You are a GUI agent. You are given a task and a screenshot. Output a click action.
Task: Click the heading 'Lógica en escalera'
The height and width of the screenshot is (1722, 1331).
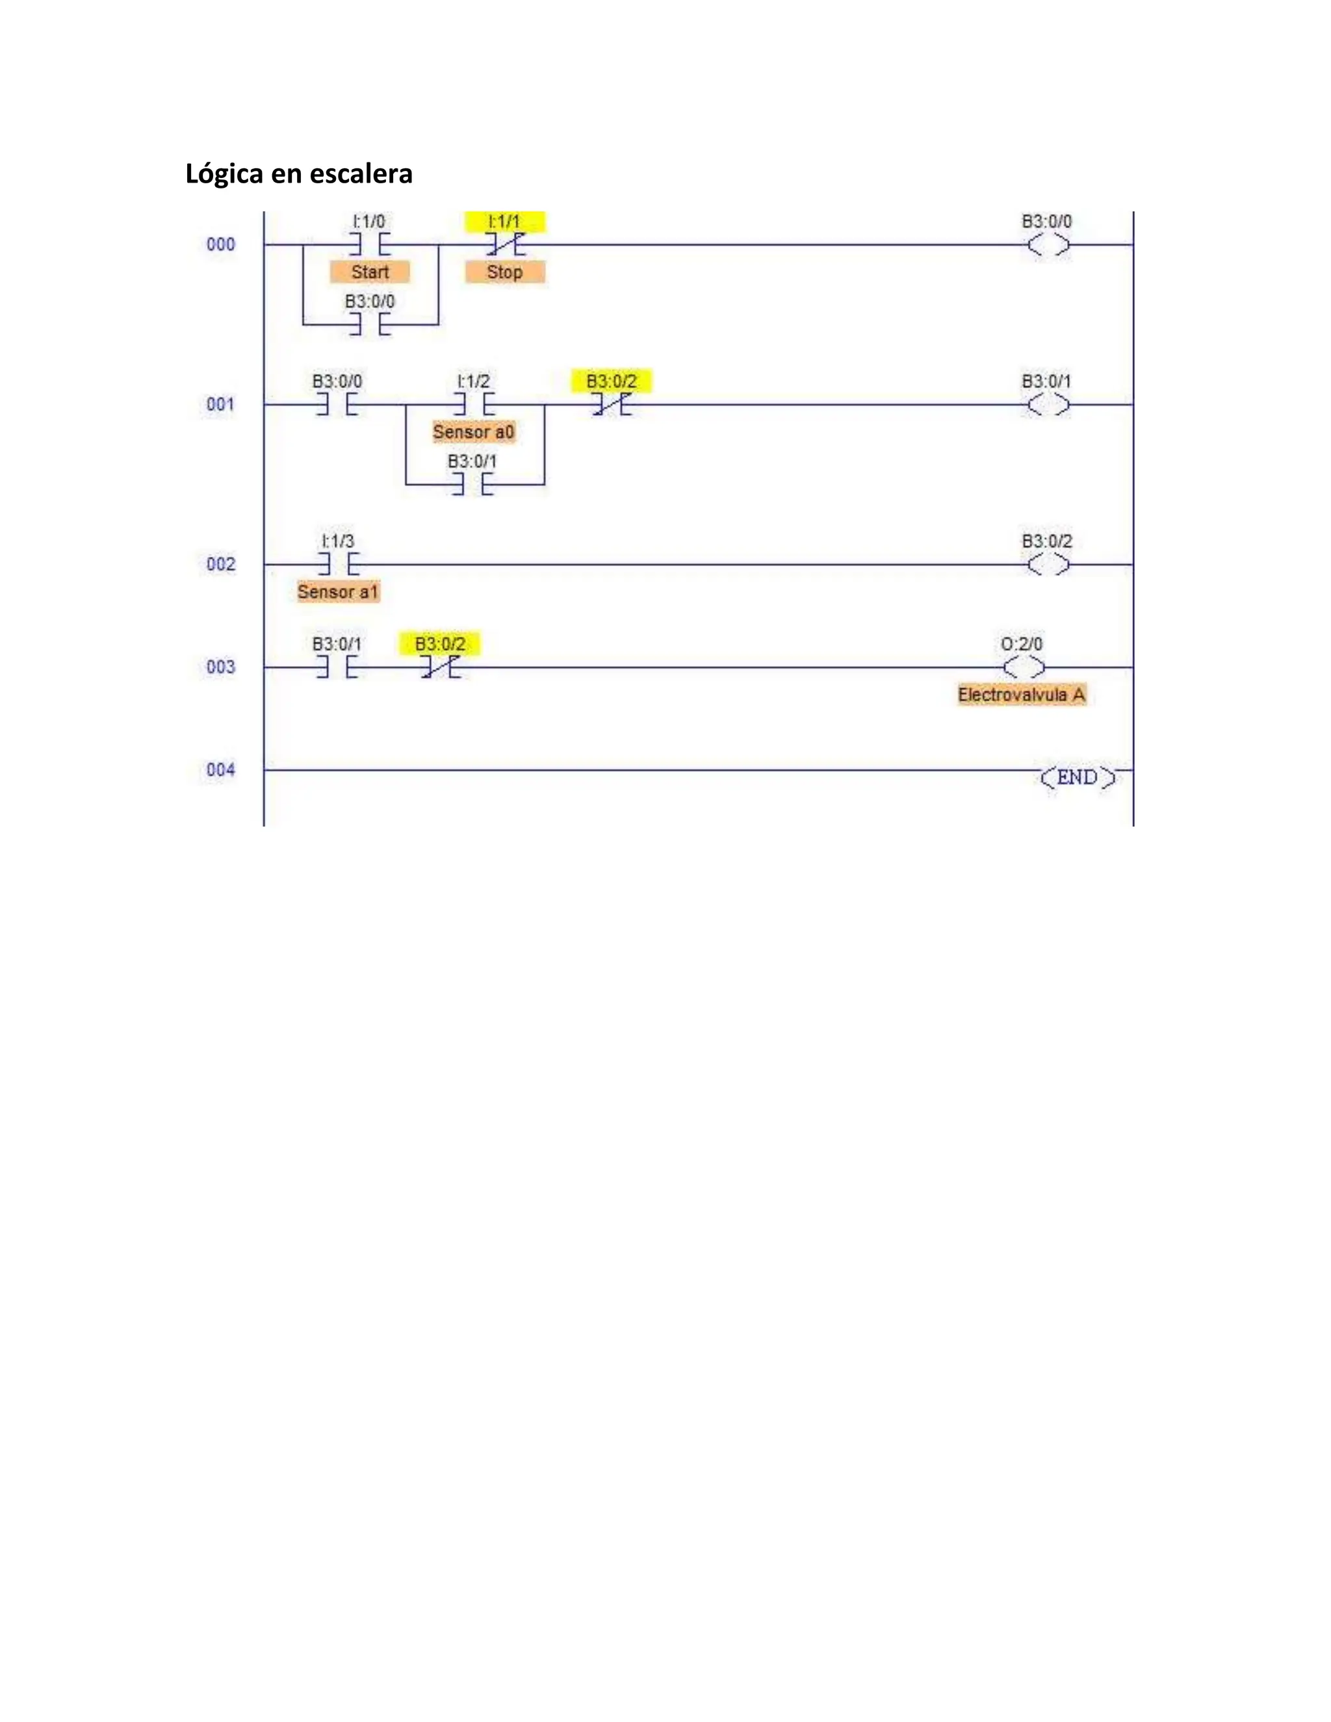299,173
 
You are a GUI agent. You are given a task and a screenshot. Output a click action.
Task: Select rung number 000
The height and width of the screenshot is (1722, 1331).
221,244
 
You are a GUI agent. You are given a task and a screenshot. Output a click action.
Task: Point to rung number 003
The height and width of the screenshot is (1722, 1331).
221,667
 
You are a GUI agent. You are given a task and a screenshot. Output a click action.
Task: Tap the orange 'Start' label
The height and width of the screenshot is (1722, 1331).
370,272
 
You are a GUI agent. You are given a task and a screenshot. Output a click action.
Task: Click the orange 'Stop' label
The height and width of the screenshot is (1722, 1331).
504,272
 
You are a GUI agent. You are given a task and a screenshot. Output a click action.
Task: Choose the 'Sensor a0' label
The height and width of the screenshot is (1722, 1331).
473,432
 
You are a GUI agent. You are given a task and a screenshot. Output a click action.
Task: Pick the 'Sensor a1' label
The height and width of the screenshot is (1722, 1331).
338,592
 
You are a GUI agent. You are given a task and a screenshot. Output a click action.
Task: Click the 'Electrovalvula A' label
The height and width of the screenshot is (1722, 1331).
1021,695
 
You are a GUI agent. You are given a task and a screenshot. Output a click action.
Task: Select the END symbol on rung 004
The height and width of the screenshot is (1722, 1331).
1077,777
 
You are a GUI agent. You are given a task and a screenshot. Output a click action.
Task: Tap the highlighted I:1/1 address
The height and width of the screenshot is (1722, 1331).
504,222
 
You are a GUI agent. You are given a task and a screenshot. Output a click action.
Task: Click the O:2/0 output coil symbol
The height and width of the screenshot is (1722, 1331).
1024,668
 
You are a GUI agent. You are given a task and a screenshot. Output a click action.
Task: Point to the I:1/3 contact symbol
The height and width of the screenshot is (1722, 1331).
337,565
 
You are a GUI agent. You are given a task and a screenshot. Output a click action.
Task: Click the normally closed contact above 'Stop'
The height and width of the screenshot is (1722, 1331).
504,245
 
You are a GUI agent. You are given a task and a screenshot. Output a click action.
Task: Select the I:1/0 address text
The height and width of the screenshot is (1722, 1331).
369,222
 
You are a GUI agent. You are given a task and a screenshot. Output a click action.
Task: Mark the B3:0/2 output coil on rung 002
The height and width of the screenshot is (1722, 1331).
1048,565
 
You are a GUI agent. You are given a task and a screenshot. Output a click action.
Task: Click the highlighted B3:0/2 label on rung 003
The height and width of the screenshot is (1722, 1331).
440,644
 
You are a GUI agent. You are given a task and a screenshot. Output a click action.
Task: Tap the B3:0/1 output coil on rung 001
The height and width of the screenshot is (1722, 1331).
1048,404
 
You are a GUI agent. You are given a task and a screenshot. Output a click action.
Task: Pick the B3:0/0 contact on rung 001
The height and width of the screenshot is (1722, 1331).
337,404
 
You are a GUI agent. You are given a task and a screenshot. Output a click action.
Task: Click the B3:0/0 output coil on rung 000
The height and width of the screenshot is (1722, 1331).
1048,245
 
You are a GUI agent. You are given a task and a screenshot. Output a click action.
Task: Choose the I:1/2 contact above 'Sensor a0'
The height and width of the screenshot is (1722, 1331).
473,404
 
